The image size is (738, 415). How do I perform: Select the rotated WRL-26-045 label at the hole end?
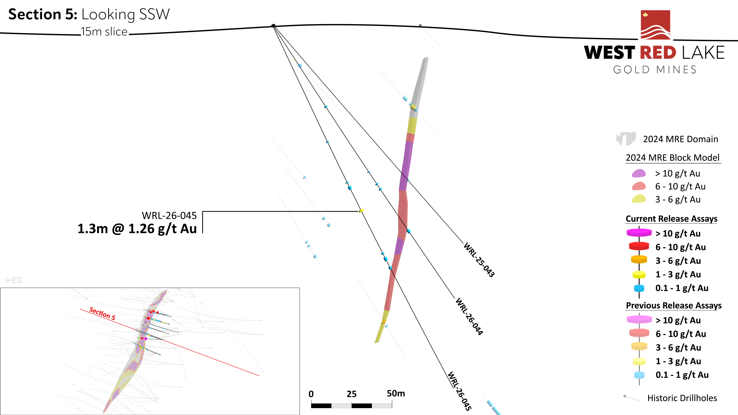[x=460, y=391]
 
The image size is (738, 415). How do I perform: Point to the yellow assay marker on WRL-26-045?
[x=361, y=211]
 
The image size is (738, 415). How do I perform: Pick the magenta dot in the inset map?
[x=146, y=338]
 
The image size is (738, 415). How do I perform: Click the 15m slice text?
[x=104, y=31]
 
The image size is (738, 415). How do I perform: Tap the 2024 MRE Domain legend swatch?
[x=626, y=139]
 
